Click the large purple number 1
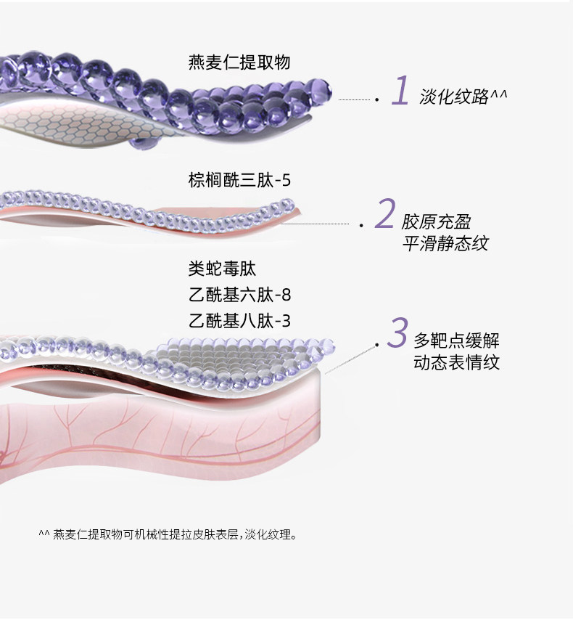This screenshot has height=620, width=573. tap(400, 91)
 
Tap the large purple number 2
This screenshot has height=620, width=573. tap(384, 214)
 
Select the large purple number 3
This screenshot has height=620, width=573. tap(397, 333)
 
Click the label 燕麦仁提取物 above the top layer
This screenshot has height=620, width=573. tap(239, 62)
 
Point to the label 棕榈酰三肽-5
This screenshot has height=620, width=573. tap(239, 180)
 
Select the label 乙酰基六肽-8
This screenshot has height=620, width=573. tap(239, 295)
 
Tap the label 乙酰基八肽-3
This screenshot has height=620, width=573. tap(239, 320)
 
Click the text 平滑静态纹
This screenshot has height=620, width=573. tap(445, 243)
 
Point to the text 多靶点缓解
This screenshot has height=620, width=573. tap(456, 340)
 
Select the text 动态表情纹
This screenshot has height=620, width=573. tap(456, 362)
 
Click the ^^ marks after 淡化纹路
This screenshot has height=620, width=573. tap(499, 95)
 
